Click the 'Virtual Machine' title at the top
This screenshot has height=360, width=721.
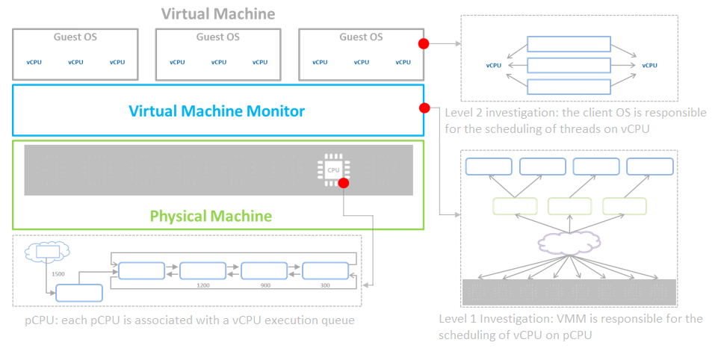[218, 13]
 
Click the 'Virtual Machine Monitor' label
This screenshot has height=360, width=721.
[217, 111]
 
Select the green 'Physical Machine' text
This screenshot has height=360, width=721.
[211, 217]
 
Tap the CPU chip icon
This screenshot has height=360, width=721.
[332, 170]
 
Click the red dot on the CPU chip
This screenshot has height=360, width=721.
[343, 182]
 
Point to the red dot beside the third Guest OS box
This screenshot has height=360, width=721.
[424, 43]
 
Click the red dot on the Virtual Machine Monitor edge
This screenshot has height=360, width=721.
[424, 108]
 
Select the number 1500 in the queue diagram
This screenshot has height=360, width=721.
[58, 273]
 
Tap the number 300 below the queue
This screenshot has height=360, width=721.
[324, 285]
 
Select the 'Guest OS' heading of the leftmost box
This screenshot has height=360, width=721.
[75, 37]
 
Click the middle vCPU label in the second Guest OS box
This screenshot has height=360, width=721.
[217, 62]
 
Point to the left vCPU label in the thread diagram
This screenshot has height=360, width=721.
[493, 65]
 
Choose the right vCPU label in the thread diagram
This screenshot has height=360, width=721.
[649, 65]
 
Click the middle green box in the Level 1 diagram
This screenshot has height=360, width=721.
[570, 207]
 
